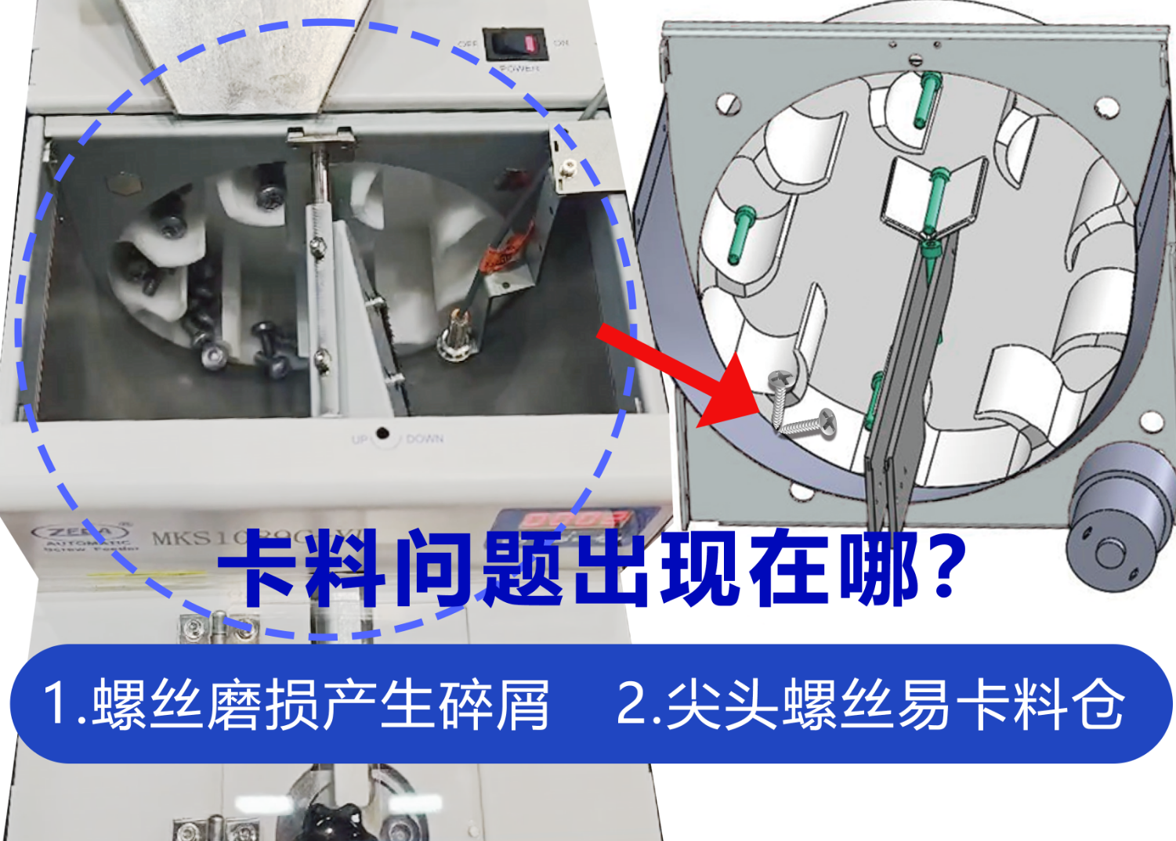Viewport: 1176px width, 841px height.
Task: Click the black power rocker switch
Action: coord(515,45)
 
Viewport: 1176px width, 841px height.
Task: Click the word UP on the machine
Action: coord(360,439)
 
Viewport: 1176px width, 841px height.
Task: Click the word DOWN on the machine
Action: coord(425,439)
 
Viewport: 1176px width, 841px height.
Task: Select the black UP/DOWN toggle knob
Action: coord(382,434)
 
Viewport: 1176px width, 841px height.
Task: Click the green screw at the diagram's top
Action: coord(928,98)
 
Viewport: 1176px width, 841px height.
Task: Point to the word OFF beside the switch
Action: coord(467,43)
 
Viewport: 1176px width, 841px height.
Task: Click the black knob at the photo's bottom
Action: coord(329,822)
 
